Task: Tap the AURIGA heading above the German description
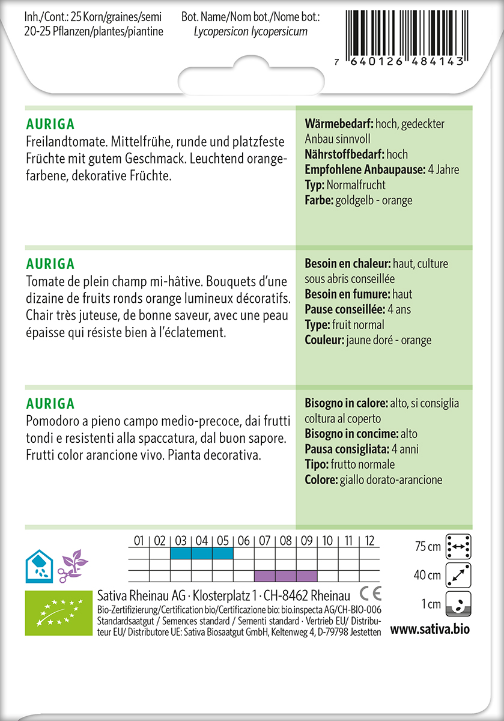click(x=50, y=125)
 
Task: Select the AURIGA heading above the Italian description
click(x=50, y=403)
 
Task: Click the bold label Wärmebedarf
click(x=339, y=124)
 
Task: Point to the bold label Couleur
click(x=324, y=340)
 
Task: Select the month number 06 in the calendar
click(x=243, y=541)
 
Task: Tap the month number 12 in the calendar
click(x=369, y=541)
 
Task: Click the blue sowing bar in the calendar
click(x=201, y=553)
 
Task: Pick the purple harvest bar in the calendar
click(x=285, y=576)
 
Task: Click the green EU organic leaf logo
click(x=57, y=613)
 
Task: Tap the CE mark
click(x=370, y=595)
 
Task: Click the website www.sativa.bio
click(x=430, y=630)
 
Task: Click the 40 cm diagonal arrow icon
click(x=458, y=576)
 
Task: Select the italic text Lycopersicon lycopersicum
click(x=250, y=32)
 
